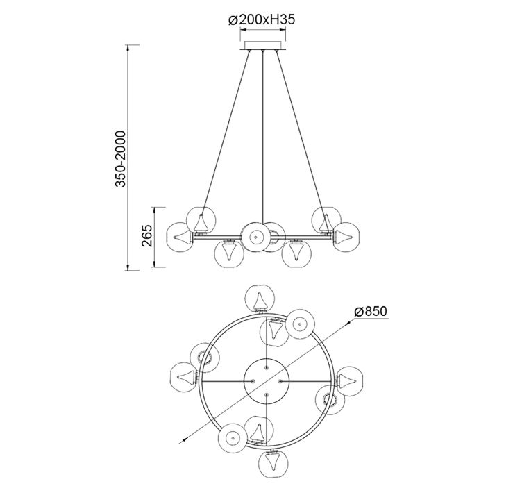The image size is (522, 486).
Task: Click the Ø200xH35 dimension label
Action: (x=262, y=20)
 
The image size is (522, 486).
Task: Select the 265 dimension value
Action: (x=147, y=235)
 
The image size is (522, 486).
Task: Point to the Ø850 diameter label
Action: (x=371, y=312)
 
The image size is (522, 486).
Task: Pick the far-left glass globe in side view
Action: (x=179, y=237)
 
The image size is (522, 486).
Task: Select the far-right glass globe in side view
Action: (x=346, y=237)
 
